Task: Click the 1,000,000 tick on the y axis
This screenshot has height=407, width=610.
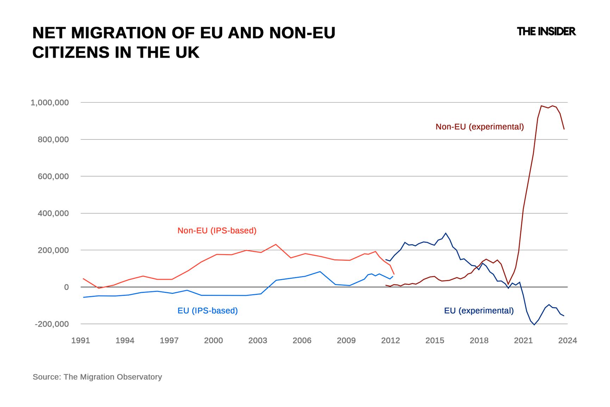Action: [x=50, y=103]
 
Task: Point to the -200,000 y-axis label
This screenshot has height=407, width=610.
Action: [x=52, y=324]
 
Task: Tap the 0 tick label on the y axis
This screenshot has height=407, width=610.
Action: [x=66, y=287]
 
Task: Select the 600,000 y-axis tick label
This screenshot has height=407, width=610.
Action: [x=53, y=176]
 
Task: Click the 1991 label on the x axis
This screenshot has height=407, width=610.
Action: [x=81, y=340]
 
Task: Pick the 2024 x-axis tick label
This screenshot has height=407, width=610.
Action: [x=567, y=340]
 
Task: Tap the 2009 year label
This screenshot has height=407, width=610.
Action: [x=346, y=340]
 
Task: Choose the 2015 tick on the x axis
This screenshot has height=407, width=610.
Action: [x=435, y=340]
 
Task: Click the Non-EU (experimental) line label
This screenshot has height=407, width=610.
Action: [x=479, y=127]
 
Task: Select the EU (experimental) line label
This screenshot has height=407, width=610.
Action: [x=479, y=310]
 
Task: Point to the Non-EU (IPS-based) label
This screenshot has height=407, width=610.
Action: [x=217, y=230]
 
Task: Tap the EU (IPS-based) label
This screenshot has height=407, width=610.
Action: [x=207, y=310]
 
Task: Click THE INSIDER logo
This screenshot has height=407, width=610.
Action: [x=546, y=31]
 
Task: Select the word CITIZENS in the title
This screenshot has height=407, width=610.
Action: [x=71, y=53]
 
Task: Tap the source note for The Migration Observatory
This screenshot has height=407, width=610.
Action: [x=97, y=377]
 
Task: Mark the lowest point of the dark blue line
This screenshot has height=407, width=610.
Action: [x=534, y=325]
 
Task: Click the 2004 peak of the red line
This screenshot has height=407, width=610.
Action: [x=276, y=244]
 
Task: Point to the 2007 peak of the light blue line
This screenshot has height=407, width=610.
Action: [x=320, y=271]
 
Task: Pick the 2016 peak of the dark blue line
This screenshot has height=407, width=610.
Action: [x=446, y=233]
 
